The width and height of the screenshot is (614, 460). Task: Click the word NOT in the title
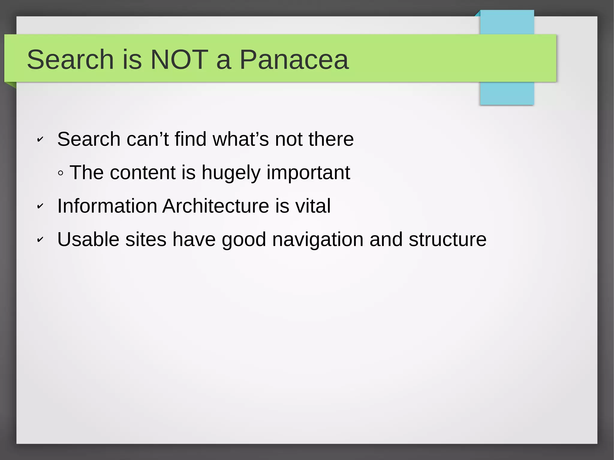(x=179, y=60)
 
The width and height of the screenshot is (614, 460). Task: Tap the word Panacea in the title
(x=294, y=60)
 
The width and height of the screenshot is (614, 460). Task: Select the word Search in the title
(x=70, y=60)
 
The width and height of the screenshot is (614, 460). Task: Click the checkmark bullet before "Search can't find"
(x=40, y=139)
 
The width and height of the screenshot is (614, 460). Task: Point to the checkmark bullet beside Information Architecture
(x=40, y=206)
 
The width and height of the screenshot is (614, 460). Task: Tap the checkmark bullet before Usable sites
(x=40, y=239)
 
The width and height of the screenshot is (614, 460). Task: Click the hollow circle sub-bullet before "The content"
(x=61, y=173)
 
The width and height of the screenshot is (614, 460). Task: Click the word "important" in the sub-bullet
(x=308, y=173)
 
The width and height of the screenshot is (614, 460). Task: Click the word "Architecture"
(x=216, y=206)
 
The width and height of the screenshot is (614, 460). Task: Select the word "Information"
(x=107, y=206)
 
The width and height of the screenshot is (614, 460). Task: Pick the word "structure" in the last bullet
(x=447, y=239)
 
